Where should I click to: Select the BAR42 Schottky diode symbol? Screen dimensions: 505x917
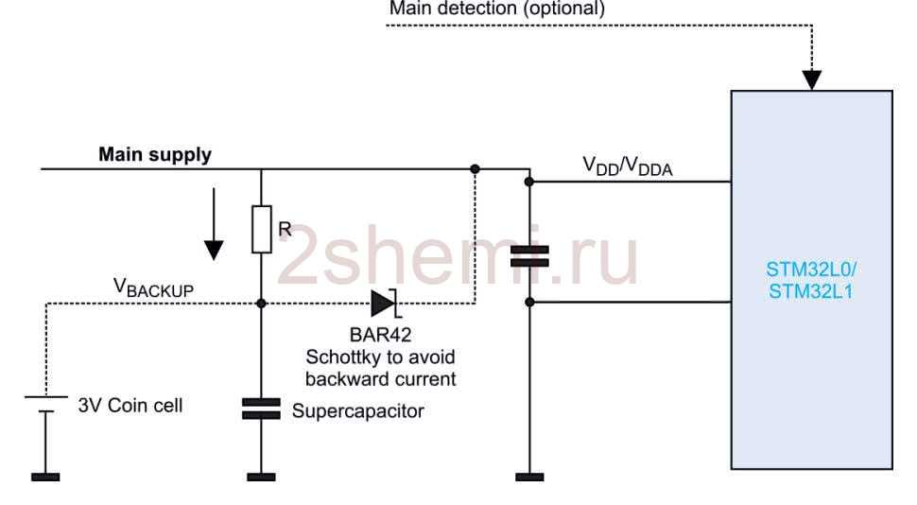[x=383, y=303]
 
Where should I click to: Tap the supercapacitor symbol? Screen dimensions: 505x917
[x=262, y=409]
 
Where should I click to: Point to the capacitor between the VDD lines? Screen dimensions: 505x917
[x=529, y=255]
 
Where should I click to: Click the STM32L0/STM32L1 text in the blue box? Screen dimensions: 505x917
[x=810, y=280]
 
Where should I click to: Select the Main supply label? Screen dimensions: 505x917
[x=155, y=154]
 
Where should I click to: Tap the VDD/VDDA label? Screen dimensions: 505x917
[x=627, y=167]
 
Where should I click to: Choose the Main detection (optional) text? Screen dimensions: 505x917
[x=497, y=9]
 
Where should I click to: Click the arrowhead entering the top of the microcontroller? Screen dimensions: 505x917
[x=811, y=78]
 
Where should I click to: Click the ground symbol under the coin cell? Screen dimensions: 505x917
[x=45, y=477]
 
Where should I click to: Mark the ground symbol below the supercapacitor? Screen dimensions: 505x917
[x=262, y=477]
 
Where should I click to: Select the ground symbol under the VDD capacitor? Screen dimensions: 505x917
[x=529, y=477]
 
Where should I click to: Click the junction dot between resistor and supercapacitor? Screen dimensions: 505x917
[x=262, y=304]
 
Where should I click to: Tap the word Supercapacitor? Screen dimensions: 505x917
[x=357, y=411]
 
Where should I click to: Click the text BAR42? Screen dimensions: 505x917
[x=381, y=336]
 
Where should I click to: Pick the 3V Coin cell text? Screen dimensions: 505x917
[x=130, y=406]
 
